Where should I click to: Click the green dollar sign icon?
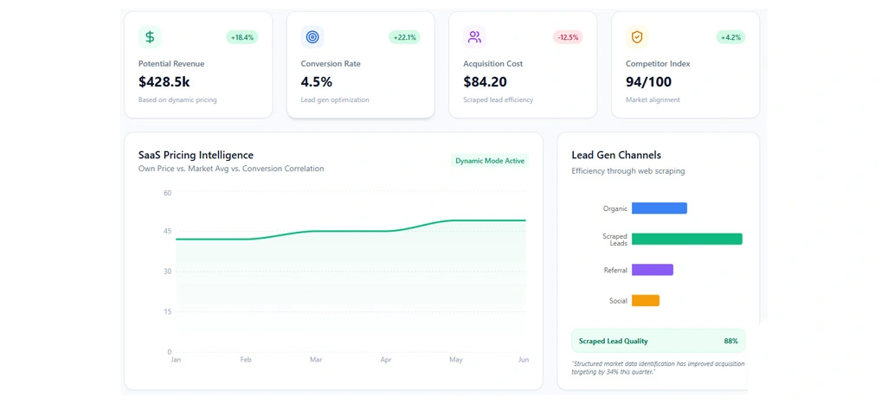[150, 37]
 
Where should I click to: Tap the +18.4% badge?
[242, 37]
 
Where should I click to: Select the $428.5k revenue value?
[164, 82]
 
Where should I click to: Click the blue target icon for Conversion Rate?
[312, 37]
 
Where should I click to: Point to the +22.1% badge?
[404, 37]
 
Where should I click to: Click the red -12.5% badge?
[568, 37]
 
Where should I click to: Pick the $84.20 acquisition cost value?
[485, 82]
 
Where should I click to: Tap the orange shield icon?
[637, 37]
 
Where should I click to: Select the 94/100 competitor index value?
[649, 82]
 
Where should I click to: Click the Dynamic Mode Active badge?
[490, 161]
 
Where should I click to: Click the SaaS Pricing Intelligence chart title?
[196, 155]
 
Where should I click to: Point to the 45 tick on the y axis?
[167, 231]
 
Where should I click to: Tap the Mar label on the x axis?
[316, 359]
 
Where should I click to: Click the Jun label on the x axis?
[523, 359]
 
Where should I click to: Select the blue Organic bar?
[659, 208]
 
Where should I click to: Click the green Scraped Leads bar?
[686, 240]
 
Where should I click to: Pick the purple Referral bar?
[652, 270]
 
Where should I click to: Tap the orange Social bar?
[645, 301]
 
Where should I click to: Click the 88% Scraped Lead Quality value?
[730, 341]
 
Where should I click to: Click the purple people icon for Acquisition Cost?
[474, 37]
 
